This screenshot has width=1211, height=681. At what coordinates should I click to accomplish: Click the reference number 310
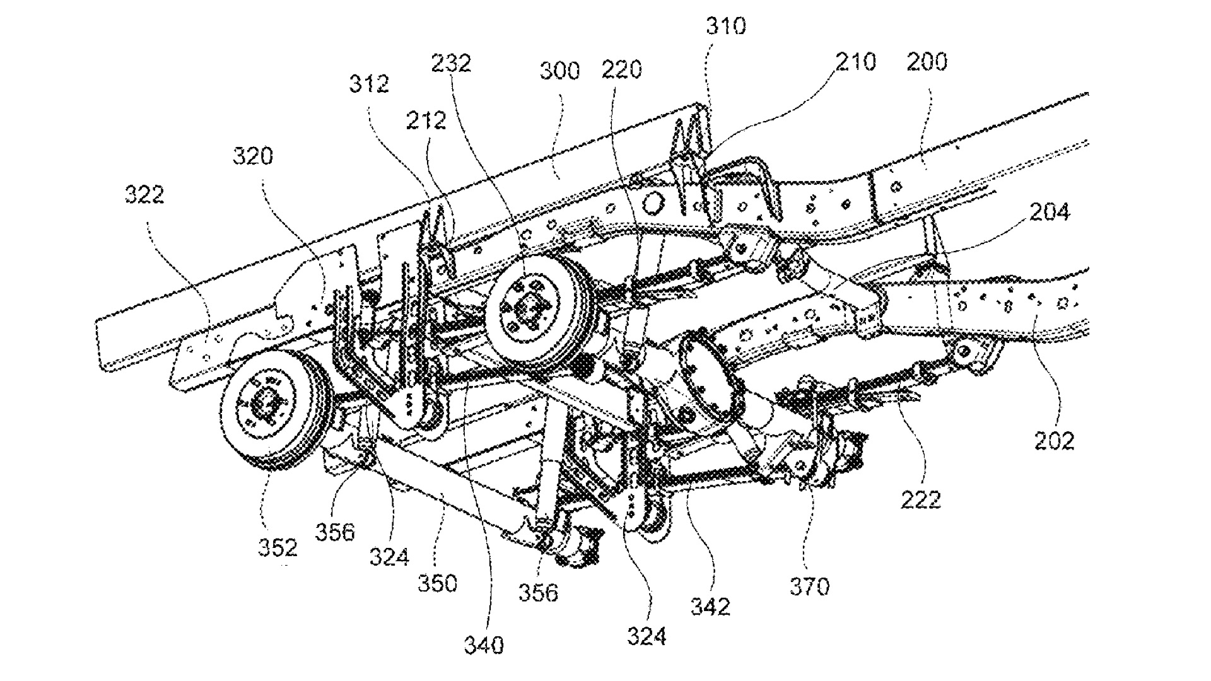[725, 26]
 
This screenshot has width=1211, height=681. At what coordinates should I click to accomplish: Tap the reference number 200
[927, 62]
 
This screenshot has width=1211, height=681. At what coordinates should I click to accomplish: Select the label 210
[856, 62]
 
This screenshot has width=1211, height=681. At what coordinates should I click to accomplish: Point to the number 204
[1050, 212]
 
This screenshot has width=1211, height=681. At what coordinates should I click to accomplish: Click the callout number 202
[1054, 440]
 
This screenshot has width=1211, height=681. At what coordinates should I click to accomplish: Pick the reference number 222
[921, 499]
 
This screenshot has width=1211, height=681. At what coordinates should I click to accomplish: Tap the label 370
[810, 587]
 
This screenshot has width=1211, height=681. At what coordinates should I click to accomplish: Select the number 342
[710, 607]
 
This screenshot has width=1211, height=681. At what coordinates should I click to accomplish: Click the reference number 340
[484, 645]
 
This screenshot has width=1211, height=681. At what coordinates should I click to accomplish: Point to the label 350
[437, 583]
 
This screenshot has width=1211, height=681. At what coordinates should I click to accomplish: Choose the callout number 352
[278, 547]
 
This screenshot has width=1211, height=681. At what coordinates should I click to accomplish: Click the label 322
[144, 194]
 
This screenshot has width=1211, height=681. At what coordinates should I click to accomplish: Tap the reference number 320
[252, 155]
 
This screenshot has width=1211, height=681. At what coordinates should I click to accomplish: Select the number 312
[369, 84]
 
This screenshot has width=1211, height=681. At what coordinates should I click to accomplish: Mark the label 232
[451, 63]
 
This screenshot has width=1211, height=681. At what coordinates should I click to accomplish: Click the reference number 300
[559, 70]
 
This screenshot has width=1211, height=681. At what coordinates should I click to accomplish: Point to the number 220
[621, 69]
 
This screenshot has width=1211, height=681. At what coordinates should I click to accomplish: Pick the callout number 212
[426, 120]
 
